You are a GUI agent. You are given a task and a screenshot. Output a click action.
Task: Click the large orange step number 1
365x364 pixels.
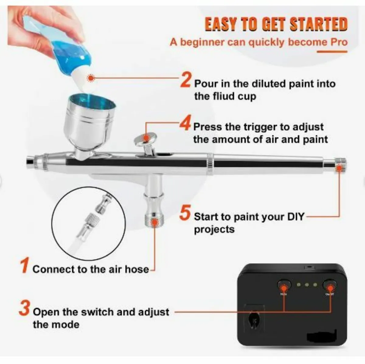pos(25,265)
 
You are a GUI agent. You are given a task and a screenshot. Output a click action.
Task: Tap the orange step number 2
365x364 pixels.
pos(186,80)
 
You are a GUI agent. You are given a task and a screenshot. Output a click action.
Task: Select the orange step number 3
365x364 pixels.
pos(24,308)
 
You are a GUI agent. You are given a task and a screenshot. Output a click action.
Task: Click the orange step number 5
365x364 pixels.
pos(185,213)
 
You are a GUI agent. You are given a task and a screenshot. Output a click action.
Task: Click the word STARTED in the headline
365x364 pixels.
pos(318,25)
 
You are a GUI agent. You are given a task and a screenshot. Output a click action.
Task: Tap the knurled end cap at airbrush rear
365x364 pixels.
pos(340,165)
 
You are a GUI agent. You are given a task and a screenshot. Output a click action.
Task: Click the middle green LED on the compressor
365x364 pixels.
pos(307,285)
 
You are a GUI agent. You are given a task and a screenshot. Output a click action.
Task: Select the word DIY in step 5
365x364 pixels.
pos(296,217)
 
